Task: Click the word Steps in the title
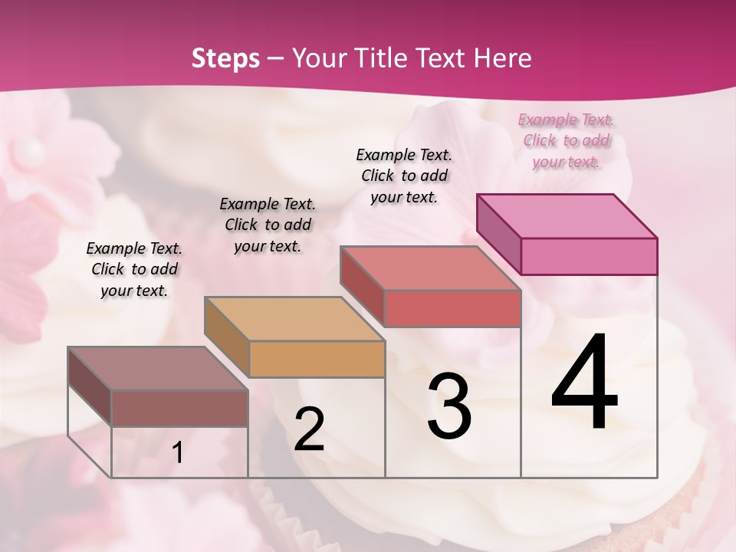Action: coord(225,58)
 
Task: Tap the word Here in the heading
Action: coord(503,58)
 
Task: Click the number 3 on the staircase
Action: coord(449,406)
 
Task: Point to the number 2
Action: coord(309,430)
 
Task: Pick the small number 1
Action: coord(178,453)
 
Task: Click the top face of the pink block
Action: coord(567,215)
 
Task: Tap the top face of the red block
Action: coord(430,268)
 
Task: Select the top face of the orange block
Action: coord(294,319)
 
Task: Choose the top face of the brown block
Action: coord(158,369)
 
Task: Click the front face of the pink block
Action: coord(589,256)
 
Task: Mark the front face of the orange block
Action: coord(317,359)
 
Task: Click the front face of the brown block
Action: coord(179,409)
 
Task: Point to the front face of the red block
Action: coord(452,308)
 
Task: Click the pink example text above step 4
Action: coord(567,140)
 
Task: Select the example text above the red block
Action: coord(404,176)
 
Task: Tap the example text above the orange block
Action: coord(268,225)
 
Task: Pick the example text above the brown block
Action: coord(134,269)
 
